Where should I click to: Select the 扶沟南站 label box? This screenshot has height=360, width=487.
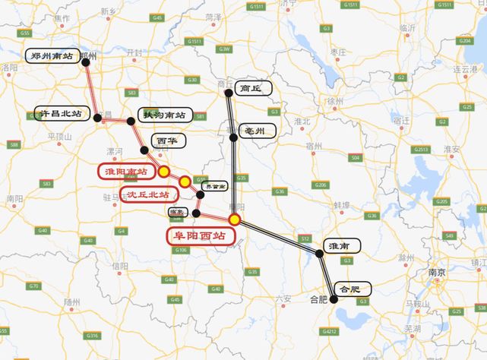(x=163, y=115)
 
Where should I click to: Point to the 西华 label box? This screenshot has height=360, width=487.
(x=168, y=141)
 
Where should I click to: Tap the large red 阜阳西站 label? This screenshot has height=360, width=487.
(x=197, y=235)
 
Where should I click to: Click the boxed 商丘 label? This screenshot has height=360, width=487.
(x=250, y=88)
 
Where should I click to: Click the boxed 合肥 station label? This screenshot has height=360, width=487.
(x=353, y=289)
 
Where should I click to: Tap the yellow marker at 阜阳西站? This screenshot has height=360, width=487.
(x=236, y=219)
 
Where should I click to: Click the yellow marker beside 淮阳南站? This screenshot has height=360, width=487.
(x=163, y=172)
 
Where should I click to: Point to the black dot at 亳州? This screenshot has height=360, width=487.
(x=233, y=137)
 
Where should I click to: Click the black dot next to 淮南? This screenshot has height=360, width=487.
(x=320, y=254)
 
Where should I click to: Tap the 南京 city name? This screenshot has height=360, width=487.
(x=437, y=271)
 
